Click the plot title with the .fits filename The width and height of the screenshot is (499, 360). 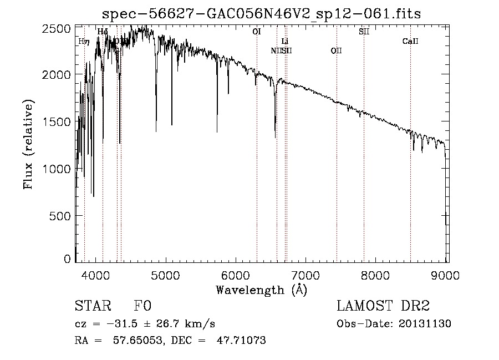[x=262, y=13]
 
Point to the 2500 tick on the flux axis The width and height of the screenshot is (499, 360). [x=57, y=28]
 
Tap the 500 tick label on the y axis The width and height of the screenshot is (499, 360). [x=60, y=215]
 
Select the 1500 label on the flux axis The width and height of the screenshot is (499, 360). [x=57, y=121]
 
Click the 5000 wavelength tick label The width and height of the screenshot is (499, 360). [x=166, y=275]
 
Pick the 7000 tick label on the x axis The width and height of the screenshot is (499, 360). [x=305, y=275]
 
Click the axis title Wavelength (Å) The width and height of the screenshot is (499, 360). [x=261, y=289]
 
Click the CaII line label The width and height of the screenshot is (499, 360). [x=410, y=41]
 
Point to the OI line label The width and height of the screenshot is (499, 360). [x=256, y=32]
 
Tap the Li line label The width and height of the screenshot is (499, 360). [x=285, y=41]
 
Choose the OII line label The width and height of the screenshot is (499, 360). [x=336, y=50]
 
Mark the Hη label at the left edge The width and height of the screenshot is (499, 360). [x=83, y=41]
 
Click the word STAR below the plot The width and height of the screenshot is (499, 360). [x=91, y=307]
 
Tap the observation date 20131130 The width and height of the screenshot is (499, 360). [x=425, y=324]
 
